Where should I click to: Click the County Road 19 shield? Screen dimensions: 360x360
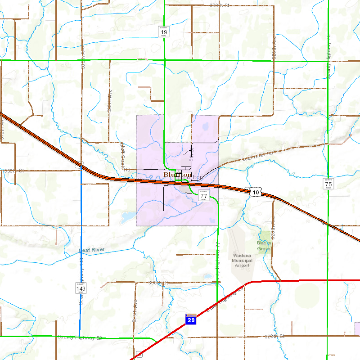[164, 31]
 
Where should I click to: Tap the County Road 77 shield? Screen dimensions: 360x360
[204, 195]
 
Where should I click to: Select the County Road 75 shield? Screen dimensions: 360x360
[328, 183]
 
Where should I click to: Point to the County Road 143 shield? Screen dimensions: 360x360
[81, 287]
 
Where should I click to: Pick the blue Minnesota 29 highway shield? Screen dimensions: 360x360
[191, 319]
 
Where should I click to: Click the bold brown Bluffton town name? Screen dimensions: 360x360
[177, 174]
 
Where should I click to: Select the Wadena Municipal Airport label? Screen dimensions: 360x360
[242, 260]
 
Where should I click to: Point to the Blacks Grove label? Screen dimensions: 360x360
[264, 246]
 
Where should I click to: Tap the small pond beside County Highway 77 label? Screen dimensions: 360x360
[207, 276]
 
